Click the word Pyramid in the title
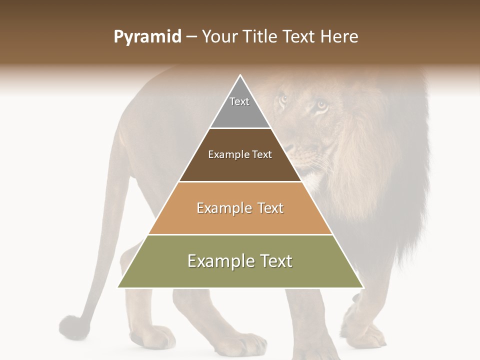(147, 37)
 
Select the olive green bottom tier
(240, 275)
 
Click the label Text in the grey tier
(239, 101)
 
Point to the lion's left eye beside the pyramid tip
(283, 98)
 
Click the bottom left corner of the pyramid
(118, 287)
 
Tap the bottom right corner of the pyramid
(363, 287)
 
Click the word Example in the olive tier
(218, 261)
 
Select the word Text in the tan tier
(268, 208)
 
